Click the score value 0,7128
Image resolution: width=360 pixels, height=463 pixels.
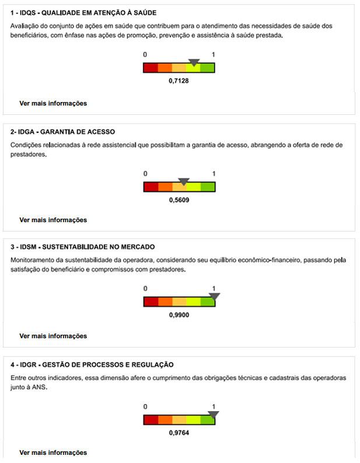click(179, 80)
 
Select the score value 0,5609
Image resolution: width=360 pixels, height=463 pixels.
click(179, 199)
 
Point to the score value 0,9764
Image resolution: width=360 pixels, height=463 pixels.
click(179, 433)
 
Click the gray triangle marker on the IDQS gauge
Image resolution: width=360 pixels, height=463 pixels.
click(194, 62)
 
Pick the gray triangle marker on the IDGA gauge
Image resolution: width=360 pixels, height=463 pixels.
click(184, 181)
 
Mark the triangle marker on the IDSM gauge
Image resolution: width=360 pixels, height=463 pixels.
click(214, 296)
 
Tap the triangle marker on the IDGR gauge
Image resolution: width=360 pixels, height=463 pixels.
click(213, 415)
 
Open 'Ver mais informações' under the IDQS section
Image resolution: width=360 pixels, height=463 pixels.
click(53, 103)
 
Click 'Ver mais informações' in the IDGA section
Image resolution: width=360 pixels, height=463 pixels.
click(53, 220)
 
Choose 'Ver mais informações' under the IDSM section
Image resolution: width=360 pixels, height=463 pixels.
click(53, 336)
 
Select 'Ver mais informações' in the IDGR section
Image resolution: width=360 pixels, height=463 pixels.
click(53, 453)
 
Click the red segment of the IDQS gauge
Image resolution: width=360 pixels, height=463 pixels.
click(151, 68)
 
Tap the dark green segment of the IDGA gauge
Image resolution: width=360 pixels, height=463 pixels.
click(208, 187)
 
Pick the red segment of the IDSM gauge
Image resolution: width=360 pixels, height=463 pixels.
click(151, 301)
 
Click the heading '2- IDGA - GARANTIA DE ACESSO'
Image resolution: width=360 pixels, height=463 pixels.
click(63, 132)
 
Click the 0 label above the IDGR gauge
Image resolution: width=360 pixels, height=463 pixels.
click(145, 406)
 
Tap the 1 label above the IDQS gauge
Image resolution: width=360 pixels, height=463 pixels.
click(214, 54)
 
